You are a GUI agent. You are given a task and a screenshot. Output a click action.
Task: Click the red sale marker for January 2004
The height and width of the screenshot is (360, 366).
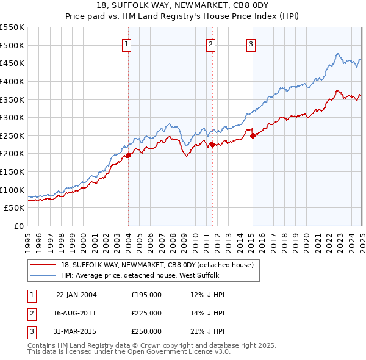pos(128,156)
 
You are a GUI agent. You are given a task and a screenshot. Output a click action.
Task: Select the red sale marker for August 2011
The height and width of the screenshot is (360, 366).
pos(212,145)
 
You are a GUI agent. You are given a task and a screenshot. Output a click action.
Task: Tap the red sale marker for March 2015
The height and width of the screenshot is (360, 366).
pos(253,135)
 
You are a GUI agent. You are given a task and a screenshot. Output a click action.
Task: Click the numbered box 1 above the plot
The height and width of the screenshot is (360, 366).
pos(126,43)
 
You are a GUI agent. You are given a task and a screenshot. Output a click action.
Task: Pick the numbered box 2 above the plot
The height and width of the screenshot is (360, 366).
pos(210,43)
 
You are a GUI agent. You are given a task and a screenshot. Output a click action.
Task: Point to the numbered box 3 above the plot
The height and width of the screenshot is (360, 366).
pos(251,43)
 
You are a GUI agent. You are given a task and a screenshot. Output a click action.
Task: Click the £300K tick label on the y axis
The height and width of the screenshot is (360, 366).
pos(12,117)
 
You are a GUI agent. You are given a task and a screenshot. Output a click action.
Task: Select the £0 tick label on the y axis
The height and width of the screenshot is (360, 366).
pos(19,226)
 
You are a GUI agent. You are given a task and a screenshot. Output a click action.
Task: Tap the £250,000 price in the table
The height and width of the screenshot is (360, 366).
pos(146,332)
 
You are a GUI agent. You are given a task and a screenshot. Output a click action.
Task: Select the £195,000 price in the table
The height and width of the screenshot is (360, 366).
pos(146,294)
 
